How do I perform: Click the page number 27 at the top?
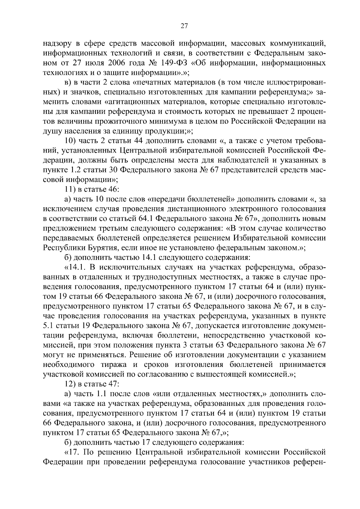[184, 26]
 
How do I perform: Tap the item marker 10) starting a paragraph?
[71, 141]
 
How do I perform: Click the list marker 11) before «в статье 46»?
[71, 190]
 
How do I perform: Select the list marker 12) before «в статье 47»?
[71, 384]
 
